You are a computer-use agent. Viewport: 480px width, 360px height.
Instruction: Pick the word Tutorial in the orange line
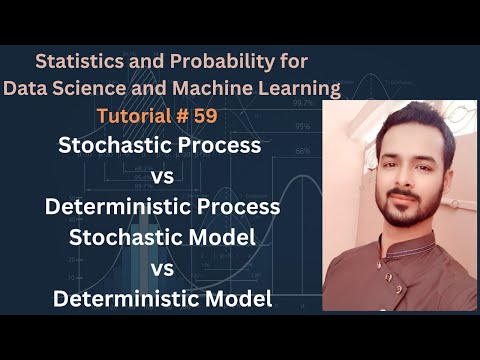[160, 116]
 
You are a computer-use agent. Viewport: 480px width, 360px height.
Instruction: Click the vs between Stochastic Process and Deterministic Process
[161, 177]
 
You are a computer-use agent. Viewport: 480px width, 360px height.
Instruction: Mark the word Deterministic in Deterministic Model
[109, 298]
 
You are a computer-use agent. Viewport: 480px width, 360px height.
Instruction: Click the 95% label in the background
[300, 126]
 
